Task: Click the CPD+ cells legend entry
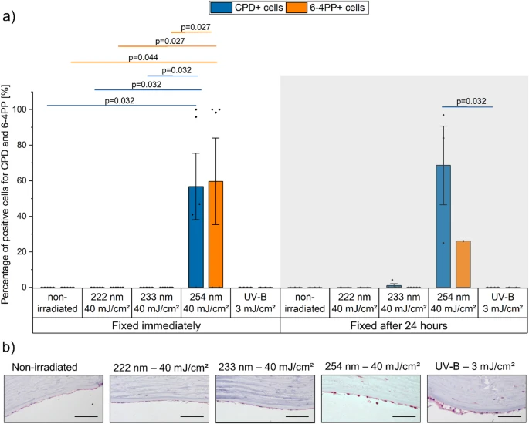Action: pos(246,8)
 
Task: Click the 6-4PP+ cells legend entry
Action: pos(326,8)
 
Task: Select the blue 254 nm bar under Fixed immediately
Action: pos(196,237)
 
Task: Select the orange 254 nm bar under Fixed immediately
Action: pos(215,234)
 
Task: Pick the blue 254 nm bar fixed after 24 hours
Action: pos(443,227)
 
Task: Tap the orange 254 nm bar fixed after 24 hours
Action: pos(463,264)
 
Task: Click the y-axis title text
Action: pos(5,194)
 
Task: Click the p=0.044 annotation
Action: pos(143,57)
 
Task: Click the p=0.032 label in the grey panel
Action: pos(471,101)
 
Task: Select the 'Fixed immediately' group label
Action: pos(156,325)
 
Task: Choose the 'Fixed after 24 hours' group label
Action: pos(398,325)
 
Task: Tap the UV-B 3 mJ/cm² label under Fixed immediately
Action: pos(256,302)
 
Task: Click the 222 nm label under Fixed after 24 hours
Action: pos(354,302)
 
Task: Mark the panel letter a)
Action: pos(8,16)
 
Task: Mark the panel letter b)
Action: pos(8,348)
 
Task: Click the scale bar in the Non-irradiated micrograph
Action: pos(86,416)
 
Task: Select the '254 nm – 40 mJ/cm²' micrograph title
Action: pos(372,366)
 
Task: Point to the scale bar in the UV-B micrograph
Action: pos(510,416)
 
